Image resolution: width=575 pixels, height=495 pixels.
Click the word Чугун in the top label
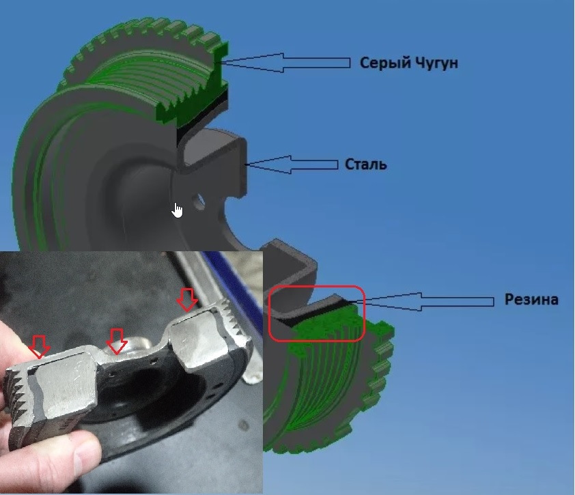click(x=434, y=63)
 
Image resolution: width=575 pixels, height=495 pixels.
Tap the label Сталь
click(x=366, y=165)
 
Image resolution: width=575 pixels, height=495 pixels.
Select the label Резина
click(x=531, y=300)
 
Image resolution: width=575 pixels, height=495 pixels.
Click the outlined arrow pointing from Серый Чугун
click(x=286, y=63)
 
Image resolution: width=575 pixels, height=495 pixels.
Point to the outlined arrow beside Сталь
click(x=292, y=165)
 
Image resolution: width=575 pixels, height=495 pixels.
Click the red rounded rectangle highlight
click(x=317, y=314)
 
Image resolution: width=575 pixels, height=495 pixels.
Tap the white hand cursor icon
click(x=178, y=210)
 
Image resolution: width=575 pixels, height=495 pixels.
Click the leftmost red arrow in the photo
click(x=39, y=346)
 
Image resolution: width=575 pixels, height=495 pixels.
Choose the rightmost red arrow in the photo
click(x=187, y=300)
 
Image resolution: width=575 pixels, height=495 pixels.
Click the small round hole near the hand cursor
click(x=199, y=202)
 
